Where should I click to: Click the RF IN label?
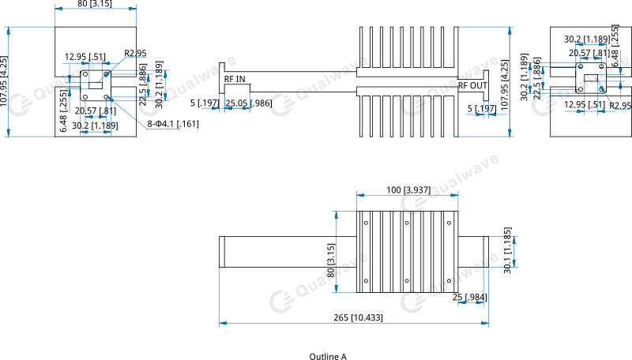[x=235, y=79]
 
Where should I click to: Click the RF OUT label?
[x=473, y=85]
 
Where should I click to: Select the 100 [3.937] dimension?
[x=407, y=189]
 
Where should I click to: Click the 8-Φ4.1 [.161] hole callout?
[x=172, y=124]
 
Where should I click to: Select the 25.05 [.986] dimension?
[x=248, y=103]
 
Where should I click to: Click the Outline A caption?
[x=328, y=357]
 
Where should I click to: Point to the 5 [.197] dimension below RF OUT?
[x=481, y=108]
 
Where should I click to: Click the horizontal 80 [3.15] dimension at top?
[x=95, y=5]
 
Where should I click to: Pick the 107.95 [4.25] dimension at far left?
[x=5, y=82]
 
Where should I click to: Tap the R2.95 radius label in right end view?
[x=620, y=105]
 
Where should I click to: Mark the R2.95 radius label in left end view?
[x=135, y=54]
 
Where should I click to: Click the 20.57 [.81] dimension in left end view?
[x=95, y=111]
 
